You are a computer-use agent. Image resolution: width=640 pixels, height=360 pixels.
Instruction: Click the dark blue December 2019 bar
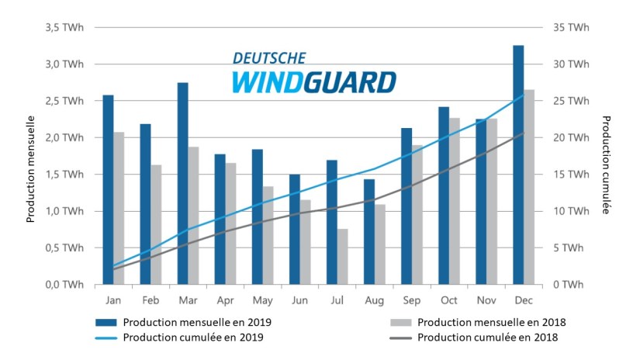[518, 164]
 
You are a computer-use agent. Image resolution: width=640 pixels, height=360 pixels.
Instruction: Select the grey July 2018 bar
[343, 256]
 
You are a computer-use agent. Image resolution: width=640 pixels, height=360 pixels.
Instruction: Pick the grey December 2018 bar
[529, 187]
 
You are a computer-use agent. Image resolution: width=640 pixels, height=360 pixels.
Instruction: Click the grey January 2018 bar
[119, 208]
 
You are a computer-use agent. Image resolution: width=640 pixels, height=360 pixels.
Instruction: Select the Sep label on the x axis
[412, 299]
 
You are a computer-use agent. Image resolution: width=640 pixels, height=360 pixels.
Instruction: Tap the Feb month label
[151, 299]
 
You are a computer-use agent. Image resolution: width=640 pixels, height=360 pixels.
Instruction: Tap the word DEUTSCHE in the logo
[269, 58]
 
